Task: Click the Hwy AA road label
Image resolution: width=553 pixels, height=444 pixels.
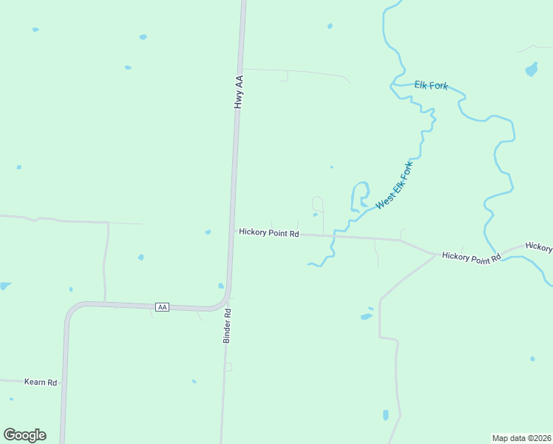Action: click(x=239, y=92)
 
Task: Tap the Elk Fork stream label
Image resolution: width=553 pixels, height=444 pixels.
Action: click(x=431, y=86)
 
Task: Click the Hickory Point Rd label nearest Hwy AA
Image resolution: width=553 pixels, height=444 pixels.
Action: click(x=269, y=233)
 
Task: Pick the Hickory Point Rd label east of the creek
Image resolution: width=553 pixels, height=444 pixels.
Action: click(x=471, y=256)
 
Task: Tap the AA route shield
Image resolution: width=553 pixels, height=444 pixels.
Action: click(x=163, y=306)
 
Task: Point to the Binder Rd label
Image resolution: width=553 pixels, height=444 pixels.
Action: click(x=228, y=326)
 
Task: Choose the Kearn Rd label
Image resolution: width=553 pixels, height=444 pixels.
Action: click(x=41, y=382)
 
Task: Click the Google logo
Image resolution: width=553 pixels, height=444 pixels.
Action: click(x=24, y=435)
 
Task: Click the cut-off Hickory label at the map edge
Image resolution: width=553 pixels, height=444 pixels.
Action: click(x=539, y=247)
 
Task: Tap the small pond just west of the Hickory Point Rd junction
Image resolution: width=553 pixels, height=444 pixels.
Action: click(x=208, y=232)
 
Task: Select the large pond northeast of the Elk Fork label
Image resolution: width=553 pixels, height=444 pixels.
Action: click(x=531, y=70)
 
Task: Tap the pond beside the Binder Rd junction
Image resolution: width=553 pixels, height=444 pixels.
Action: click(x=220, y=286)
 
